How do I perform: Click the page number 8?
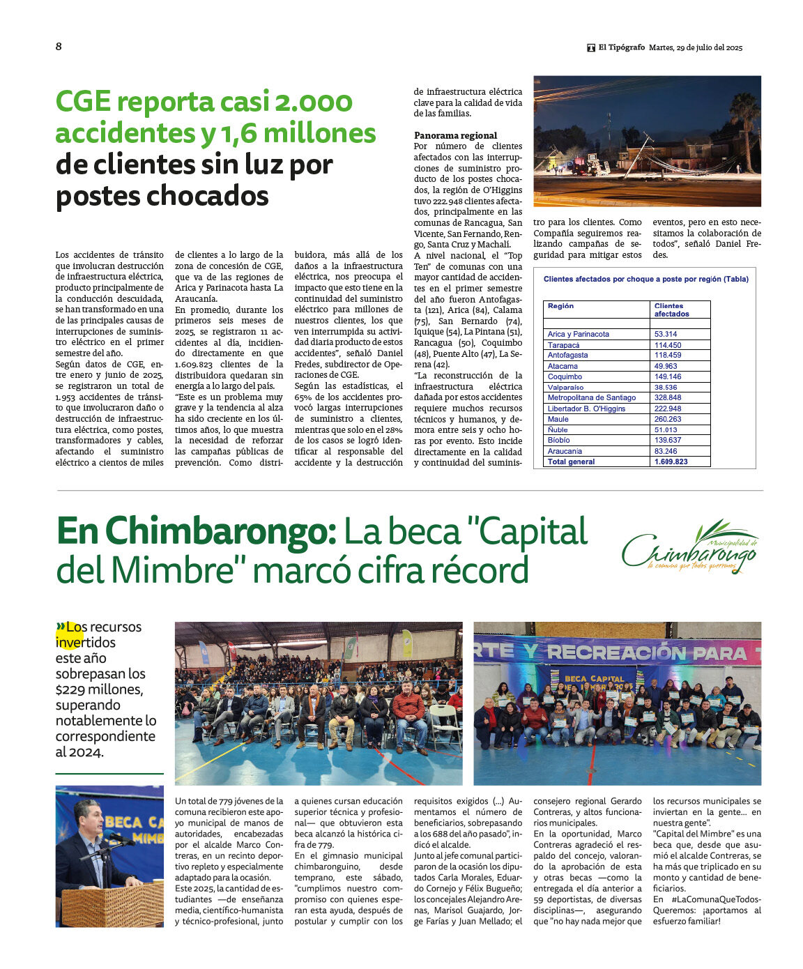point(59,47)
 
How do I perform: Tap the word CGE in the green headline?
point(84,102)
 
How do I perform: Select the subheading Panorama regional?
point(455,135)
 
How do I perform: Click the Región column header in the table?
point(561,306)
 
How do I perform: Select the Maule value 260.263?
point(668,419)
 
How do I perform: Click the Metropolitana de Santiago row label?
point(592,398)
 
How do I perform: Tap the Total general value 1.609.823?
point(671,461)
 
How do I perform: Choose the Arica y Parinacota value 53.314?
point(666,334)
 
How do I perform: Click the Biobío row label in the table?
point(558,441)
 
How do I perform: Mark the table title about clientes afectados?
point(645,279)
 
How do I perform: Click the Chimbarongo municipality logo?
point(689,547)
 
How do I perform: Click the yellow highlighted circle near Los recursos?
point(70,634)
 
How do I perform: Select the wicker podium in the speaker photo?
point(112,905)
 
